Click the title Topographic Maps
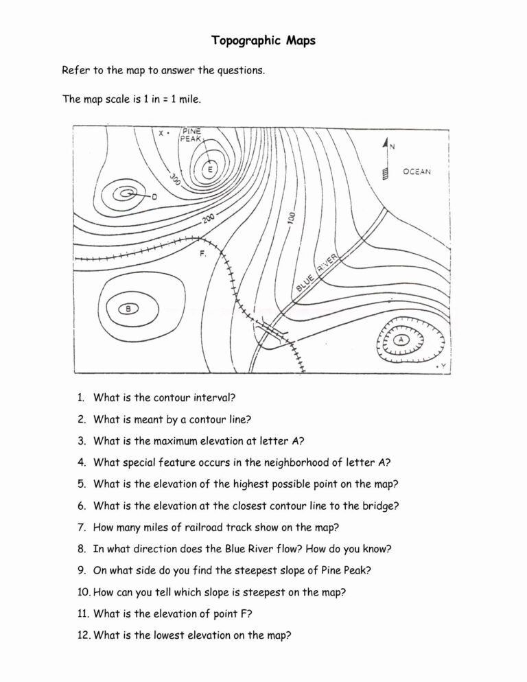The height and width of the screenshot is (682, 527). [x=263, y=40]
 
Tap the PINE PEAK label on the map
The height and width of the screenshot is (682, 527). [x=190, y=134]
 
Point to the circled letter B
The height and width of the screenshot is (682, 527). [x=128, y=308]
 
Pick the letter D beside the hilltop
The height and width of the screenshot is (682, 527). [x=154, y=198]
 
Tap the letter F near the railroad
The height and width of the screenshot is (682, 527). [x=203, y=254]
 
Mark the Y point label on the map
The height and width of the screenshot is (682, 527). [x=443, y=367]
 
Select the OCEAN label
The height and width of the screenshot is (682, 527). [x=417, y=172]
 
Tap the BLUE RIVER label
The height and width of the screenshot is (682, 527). [x=318, y=273]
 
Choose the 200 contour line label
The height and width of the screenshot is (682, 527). [x=209, y=220]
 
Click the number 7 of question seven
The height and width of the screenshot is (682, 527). [x=81, y=528]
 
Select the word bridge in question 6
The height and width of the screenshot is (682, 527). [x=382, y=506]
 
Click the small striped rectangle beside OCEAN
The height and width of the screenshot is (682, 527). [x=386, y=173]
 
